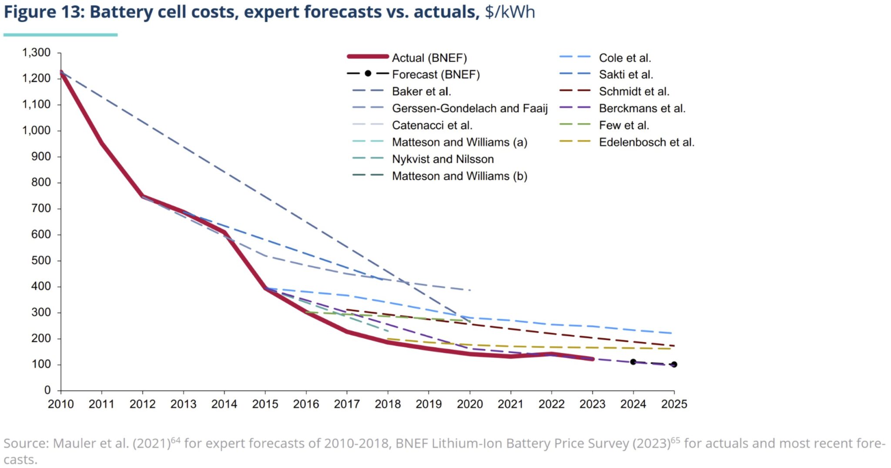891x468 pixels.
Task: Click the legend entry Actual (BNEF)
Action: [x=429, y=58]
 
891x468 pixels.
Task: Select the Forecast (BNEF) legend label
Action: [x=435, y=74]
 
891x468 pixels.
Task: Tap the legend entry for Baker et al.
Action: [x=421, y=91]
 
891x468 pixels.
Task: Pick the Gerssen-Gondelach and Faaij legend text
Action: [x=469, y=108]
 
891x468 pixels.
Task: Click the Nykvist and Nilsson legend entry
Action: [x=442, y=159]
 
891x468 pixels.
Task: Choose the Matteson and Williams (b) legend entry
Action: [x=459, y=176]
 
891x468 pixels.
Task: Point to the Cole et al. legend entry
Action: [x=625, y=58]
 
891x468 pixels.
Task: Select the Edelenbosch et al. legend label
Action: [x=646, y=142]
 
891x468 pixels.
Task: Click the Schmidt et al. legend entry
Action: [x=634, y=91]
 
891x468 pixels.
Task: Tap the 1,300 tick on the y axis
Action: [x=36, y=53]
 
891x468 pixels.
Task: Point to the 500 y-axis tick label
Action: [x=41, y=261]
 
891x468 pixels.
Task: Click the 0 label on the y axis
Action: [x=47, y=390]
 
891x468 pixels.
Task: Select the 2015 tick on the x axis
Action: [x=265, y=404]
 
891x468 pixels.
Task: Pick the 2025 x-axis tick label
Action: [x=674, y=404]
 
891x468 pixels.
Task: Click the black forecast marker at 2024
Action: [x=633, y=362]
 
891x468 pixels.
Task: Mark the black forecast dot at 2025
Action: [x=674, y=364]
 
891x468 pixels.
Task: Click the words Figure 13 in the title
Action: [x=43, y=12]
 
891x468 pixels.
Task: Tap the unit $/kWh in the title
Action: [x=510, y=12]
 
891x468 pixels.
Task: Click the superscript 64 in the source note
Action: [x=175, y=440]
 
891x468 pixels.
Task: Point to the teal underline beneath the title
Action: [x=60, y=35]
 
